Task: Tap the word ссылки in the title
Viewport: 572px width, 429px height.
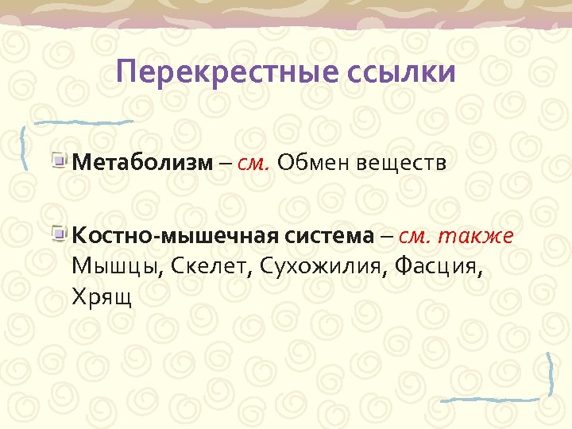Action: point(401,72)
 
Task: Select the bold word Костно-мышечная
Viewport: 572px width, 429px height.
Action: point(173,235)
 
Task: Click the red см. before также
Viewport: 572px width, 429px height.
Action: point(415,235)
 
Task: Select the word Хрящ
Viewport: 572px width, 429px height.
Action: point(102,296)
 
